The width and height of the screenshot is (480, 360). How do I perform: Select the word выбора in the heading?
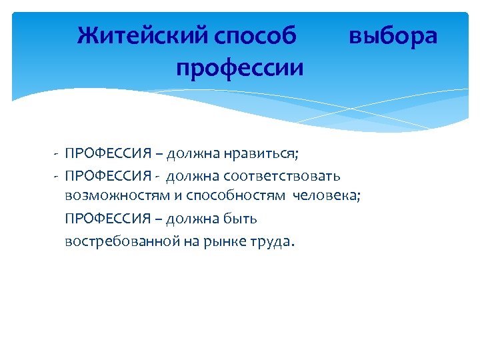(x=393, y=35)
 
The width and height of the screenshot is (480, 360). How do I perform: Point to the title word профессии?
(x=240, y=67)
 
